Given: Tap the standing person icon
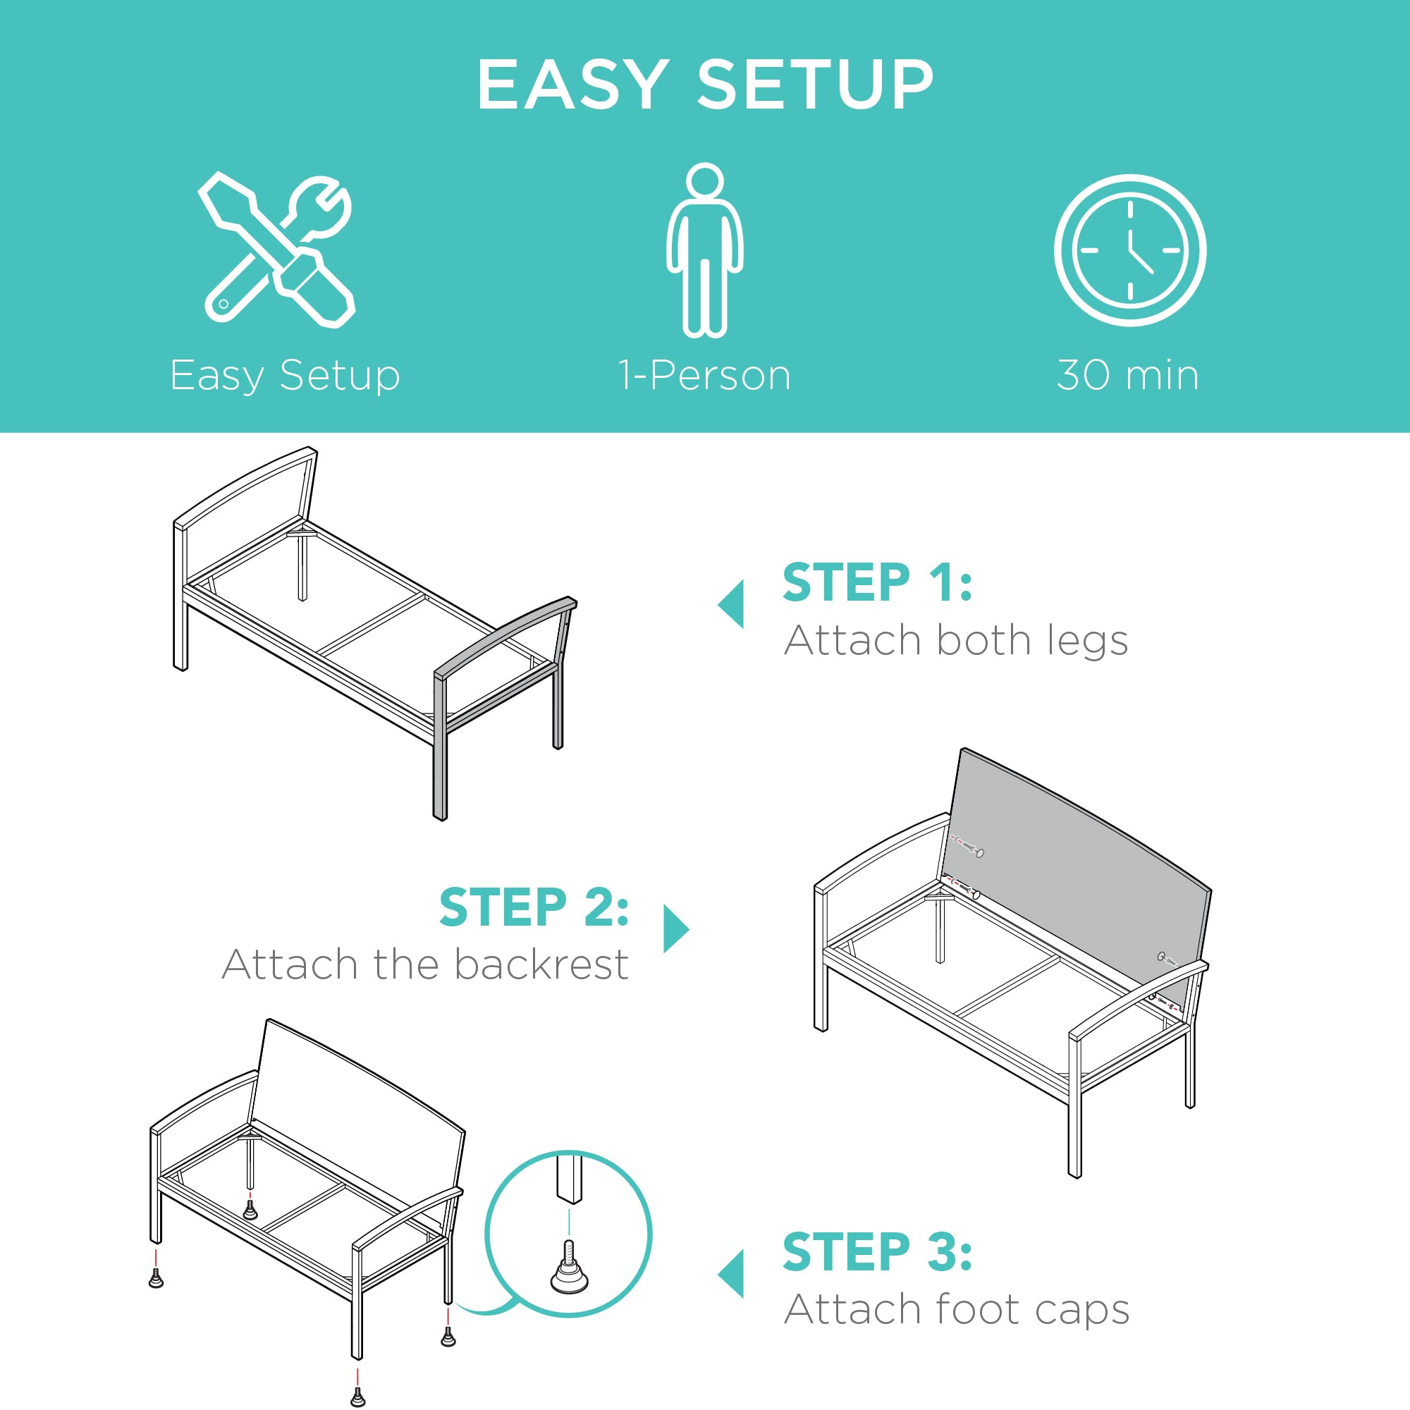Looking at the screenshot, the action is [x=704, y=250].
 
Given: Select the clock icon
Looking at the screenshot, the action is [x=1129, y=250].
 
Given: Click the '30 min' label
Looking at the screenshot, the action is [x=1128, y=376].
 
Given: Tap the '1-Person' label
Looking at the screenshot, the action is [x=704, y=376].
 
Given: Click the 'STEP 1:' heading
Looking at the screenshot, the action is [x=877, y=582].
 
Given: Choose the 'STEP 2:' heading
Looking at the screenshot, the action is [x=534, y=907].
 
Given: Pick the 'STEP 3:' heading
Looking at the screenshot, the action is [x=877, y=1251].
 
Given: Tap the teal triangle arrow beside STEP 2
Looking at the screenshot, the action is [x=677, y=929].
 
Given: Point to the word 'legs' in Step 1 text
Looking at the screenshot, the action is [x=1087, y=642].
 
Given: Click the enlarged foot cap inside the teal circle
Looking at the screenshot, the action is [x=569, y=1268].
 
